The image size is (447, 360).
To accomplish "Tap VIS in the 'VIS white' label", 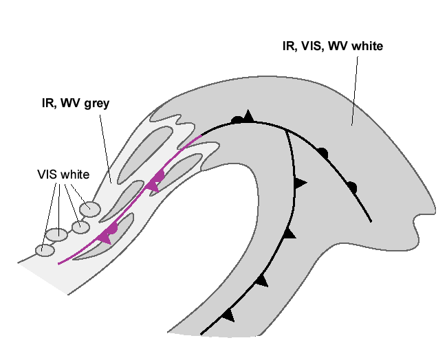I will click(47, 175).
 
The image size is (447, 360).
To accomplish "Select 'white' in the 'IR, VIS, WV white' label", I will click(365, 47).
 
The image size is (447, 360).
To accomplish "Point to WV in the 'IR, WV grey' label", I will click(69, 104).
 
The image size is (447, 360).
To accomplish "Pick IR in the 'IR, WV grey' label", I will click(48, 104).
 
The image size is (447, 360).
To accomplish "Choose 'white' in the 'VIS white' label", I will click(74, 175).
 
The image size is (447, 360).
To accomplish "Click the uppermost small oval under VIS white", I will click(90, 209).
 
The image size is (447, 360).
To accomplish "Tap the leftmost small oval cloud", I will click(45, 251).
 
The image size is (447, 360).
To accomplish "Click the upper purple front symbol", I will click(156, 181).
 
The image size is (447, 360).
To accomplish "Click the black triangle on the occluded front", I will click(249, 115).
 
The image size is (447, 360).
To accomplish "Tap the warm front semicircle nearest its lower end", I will click(352, 186).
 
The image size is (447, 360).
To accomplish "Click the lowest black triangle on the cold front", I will click(228, 315).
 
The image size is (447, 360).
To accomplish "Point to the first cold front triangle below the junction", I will click(300, 183).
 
